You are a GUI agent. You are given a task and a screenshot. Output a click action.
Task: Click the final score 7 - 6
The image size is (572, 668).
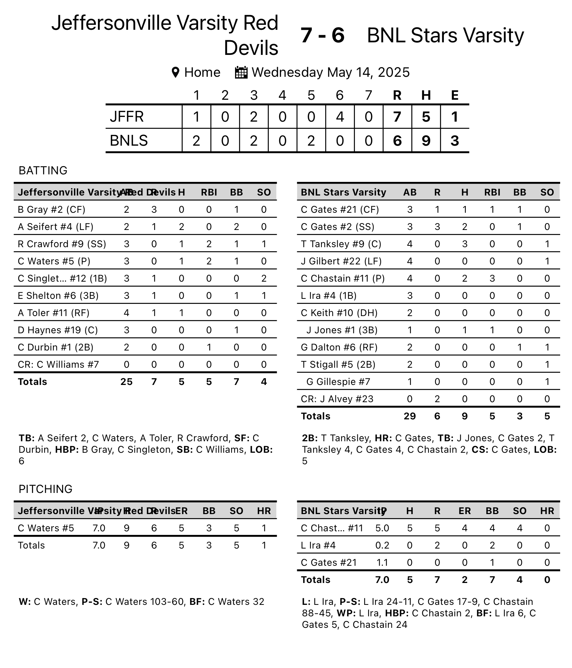click(x=322, y=36)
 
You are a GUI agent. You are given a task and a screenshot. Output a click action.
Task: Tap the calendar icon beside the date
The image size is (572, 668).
click(x=241, y=72)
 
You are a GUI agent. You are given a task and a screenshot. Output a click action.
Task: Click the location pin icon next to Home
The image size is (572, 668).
click(x=175, y=72)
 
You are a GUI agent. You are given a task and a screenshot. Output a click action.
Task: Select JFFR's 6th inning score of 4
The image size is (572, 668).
click(x=339, y=117)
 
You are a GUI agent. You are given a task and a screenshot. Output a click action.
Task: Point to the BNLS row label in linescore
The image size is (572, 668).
click(x=128, y=141)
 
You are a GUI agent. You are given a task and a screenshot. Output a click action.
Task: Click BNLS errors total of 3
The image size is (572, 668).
click(x=454, y=141)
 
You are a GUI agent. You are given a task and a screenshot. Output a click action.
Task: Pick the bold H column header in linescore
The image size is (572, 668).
click(x=426, y=95)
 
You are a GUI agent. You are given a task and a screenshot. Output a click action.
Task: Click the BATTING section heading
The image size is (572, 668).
click(x=43, y=170)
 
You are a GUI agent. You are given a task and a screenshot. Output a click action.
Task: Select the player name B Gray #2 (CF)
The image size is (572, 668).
click(x=52, y=210)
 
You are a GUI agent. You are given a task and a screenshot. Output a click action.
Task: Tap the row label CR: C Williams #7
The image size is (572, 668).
click(x=58, y=364)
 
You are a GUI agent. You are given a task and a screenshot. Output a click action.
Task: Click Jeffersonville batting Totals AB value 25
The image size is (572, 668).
click(x=126, y=382)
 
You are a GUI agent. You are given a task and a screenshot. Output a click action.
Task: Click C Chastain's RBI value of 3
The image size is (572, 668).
click(x=492, y=278)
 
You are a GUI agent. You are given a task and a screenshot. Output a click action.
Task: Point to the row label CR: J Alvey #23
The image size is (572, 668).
click(x=337, y=399)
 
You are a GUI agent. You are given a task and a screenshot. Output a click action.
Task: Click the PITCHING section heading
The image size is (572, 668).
click(x=46, y=489)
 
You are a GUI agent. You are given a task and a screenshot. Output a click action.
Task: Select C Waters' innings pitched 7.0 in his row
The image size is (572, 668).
click(x=99, y=528)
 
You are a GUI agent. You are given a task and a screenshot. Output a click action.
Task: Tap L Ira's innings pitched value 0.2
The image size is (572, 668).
click(x=382, y=545)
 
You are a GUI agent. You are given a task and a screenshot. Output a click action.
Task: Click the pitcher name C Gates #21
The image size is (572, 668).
click(x=329, y=563)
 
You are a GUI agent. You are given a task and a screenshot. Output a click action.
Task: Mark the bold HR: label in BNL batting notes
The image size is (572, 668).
click(x=383, y=438)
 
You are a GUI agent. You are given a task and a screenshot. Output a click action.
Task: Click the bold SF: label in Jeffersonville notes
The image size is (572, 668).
click(x=242, y=438)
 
